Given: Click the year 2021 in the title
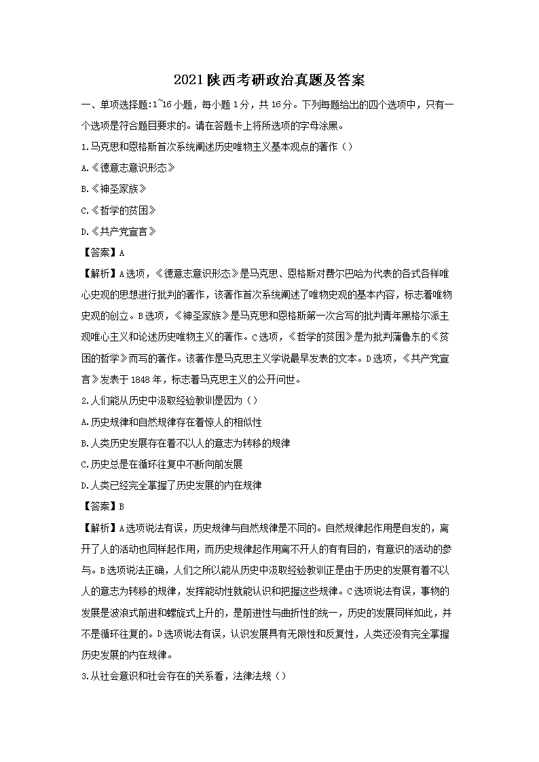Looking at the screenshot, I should [187, 80].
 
